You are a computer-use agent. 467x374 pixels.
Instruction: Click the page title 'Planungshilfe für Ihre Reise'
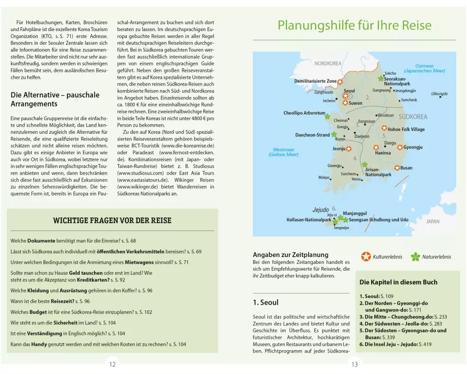[354, 25]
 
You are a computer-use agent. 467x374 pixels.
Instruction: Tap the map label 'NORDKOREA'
[328, 64]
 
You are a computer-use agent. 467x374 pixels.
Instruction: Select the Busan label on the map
[406, 168]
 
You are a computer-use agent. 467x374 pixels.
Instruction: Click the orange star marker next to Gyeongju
[400, 147]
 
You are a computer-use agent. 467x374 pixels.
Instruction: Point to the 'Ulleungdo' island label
[439, 94]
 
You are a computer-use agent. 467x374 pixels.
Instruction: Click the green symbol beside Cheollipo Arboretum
[327, 116]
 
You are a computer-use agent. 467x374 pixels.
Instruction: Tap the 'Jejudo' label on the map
[320, 210]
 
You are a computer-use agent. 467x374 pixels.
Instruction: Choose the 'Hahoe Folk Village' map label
[406, 130]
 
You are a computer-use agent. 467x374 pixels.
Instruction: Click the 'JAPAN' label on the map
[433, 221]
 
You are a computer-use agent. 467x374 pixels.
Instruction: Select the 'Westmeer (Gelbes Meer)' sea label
[283, 152]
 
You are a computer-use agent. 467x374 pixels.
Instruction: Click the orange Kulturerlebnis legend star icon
[366, 257]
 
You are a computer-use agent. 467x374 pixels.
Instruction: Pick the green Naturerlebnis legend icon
[415, 257]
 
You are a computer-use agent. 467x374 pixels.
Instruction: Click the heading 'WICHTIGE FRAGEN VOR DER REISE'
[112, 221]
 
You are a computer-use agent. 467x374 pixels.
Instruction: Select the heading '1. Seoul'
[265, 302]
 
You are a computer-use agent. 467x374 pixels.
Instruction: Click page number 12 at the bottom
[112, 365]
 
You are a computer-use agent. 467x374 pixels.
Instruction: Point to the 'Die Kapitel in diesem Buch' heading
[398, 282]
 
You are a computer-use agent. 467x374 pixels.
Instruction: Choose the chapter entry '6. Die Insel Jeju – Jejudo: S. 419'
[395, 344]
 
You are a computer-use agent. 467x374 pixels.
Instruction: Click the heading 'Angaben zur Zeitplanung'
[291, 254]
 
